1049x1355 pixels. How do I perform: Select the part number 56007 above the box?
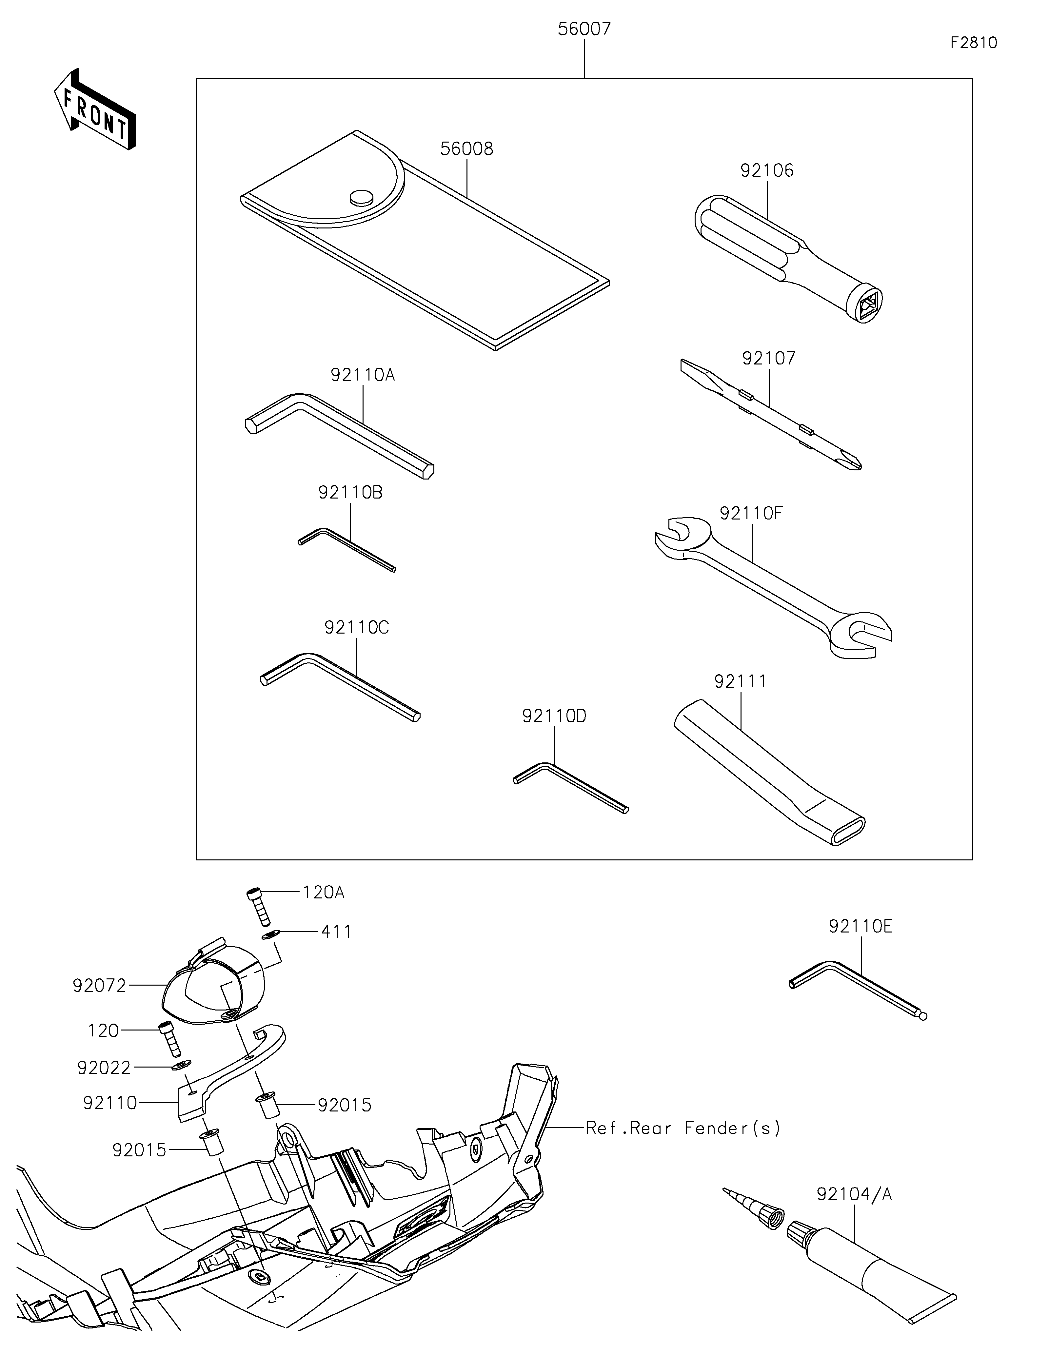584,29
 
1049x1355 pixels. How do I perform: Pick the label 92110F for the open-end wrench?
751,513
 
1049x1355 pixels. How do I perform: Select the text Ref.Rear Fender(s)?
683,1128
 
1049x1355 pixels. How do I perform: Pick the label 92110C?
357,627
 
